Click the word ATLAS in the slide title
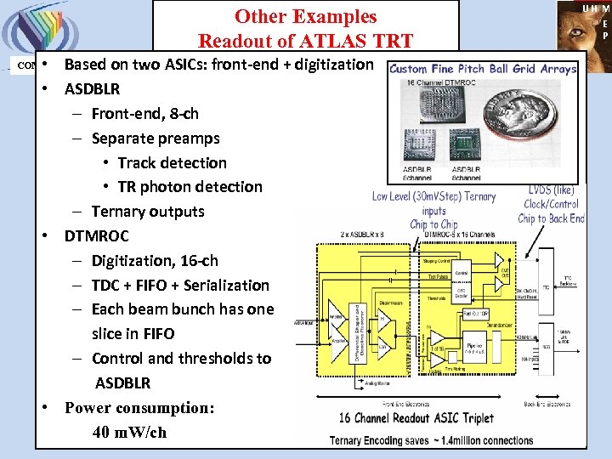click(x=336, y=40)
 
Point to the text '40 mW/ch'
click(x=129, y=432)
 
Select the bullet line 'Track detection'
click(x=172, y=162)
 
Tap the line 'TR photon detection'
click(x=190, y=187)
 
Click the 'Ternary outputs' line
click(x=148, y=212)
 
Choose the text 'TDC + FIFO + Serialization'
click(x=180, y=286)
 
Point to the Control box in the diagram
click(x=462, y=273)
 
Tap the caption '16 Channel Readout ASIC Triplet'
click(x=416, y=418)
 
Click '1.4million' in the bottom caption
click(x=486, y=439)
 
